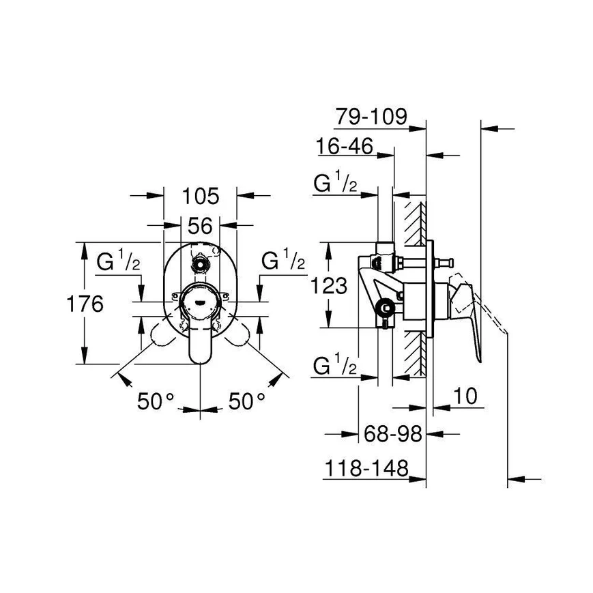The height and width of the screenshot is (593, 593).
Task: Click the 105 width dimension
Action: coord(200,196)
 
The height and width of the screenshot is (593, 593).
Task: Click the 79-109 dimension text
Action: coord(371,117)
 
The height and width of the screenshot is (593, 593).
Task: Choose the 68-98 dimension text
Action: coord(391,432)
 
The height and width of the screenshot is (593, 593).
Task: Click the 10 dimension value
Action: coord(465,396)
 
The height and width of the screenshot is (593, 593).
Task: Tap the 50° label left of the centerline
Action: coord(156,401)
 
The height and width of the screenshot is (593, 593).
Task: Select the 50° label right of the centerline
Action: coord(246,401)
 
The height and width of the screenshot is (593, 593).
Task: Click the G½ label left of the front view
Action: coord(118,261)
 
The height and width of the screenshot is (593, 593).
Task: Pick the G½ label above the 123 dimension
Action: coord(334,184)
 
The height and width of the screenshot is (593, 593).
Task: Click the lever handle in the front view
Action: coord(200,343)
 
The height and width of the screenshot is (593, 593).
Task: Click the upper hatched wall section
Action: coord(414,222)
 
